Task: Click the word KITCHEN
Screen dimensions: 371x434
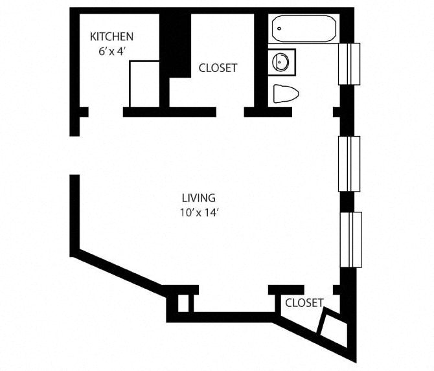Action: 112,37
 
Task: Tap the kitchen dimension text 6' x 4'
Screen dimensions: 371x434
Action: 111,52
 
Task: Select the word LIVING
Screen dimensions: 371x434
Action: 198,198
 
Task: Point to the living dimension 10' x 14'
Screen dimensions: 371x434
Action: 198,212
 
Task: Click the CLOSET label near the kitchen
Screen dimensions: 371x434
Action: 218,67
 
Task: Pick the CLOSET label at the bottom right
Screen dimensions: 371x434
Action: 304,302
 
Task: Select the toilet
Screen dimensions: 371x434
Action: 286,94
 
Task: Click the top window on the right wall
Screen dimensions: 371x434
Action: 349,63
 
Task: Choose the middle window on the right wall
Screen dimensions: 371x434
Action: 349,164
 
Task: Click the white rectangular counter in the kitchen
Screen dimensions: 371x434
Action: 144,84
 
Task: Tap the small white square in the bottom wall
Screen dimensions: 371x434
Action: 185,303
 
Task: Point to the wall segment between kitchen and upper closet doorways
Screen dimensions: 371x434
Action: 169,112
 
